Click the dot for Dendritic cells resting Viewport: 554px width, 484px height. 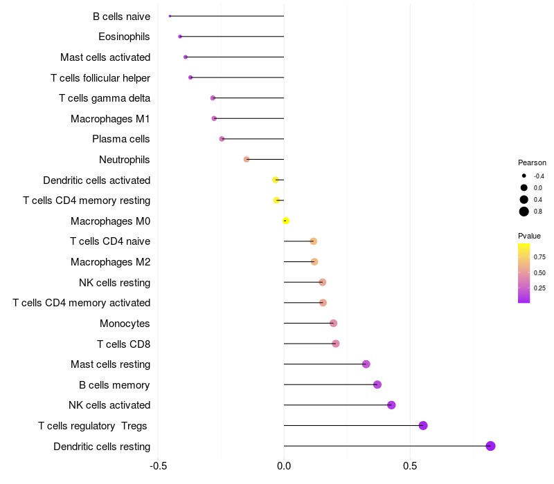click(490, 446)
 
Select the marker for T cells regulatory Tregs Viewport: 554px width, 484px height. click(423, 425)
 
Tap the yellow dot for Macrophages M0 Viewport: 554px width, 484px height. click(285, 221)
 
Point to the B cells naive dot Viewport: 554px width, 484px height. click(170, 16)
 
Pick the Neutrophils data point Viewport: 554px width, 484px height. click(247, 159)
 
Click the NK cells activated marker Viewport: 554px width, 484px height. click(391, 405)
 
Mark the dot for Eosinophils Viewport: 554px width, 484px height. click(180, 37)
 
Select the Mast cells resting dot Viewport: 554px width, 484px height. click(366, 364)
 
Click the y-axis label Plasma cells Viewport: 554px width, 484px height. click(121, 139)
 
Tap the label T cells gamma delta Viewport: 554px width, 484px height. click(105, 98)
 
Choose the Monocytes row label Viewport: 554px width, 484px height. click(125, 324)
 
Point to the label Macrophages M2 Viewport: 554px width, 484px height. click(110, 262)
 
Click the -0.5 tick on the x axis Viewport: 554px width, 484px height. click(159, 466)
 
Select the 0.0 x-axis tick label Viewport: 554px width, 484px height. click(284, 466)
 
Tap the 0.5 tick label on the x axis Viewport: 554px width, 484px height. click(410, 466)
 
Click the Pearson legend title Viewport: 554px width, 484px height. click(532, 162)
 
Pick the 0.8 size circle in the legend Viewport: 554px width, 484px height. click(524, 212)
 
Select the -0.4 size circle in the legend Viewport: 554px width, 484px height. click(524, 176)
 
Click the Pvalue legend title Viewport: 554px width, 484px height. click(529, 236)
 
